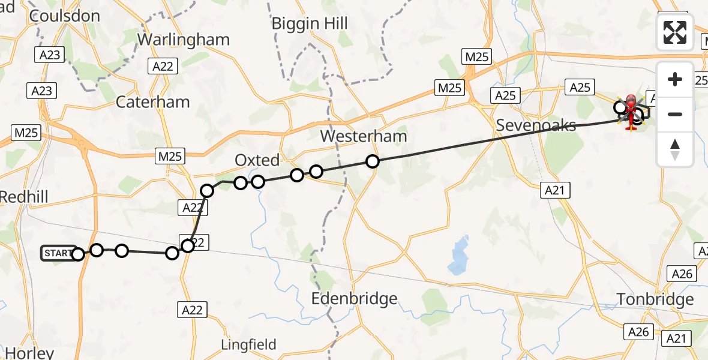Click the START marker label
click(x=58, y=253)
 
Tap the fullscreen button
click(x=675, y=32)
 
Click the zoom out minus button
click(x=675, y=114)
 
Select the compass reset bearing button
click(x=675, y=149)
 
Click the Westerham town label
click(x=363, y=136)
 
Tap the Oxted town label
click(x=257, y=160)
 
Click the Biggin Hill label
click(x=310, y=23)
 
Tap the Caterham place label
click(x=152, y=102)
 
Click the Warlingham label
click(x=184, y=40)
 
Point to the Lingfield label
click(x=248, y=344)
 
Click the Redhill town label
click(x=24, y=196)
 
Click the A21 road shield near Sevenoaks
click(x=556, y=191)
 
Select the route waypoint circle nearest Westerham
click(x=373, y=161)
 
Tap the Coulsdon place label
click(x=64, y=16)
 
